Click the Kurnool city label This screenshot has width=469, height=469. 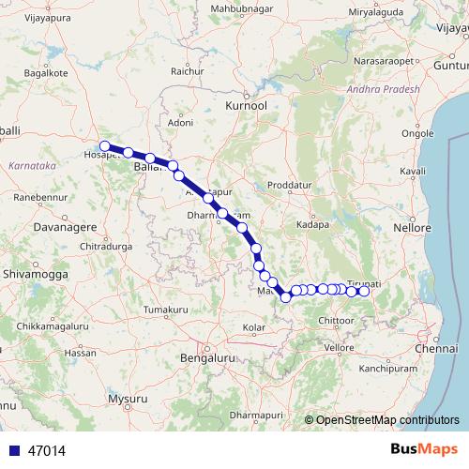[x=247, y=108]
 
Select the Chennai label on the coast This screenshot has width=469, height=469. [x=439, y=349]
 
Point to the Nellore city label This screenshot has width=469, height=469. [x=413, y=228]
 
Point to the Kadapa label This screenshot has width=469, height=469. [x=311, y=226]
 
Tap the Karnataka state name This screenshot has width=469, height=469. [x=33, y=165]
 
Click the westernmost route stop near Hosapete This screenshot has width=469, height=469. [x=105, y=146]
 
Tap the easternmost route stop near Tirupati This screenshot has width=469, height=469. [x=364, y=291]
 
